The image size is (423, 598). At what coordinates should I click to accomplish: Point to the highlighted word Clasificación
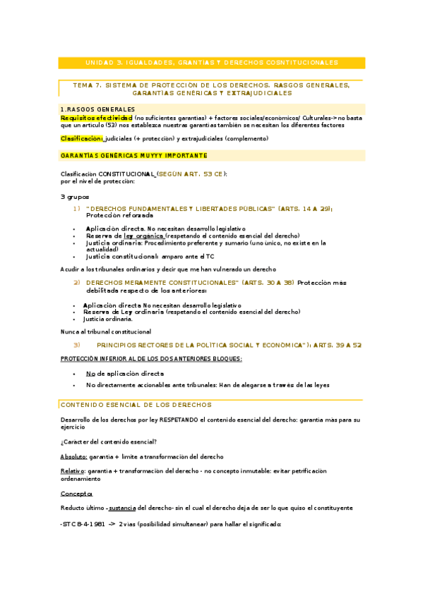coord(81,139)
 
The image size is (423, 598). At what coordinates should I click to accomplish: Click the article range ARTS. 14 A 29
coord(304,209)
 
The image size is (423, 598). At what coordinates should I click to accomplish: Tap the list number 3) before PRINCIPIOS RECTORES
coord(78,345)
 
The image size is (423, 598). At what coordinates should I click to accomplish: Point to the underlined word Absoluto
coord(73,456)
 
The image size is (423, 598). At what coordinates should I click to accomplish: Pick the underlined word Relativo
coord(73,470)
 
